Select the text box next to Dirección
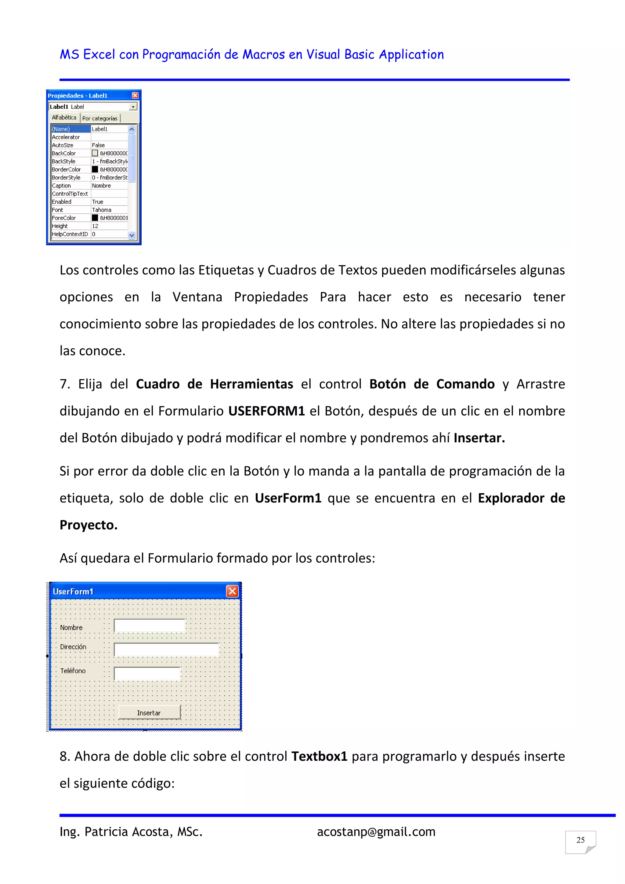pyautogui.click(x=166, y=650)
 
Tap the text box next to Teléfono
pyautogui.click(x=147, y=673)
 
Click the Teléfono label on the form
pyautogui.click(x=73, y=671)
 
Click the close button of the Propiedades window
pyautogui.click(x=135, y=96)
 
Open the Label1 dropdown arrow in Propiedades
pyautogui.click(x=133, y=107)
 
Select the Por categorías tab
pyautogui.click(x=100, y=118)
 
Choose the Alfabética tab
pyautogui.click(x=64, y=118)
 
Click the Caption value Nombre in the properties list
pyautogui.click(x=102, y=186)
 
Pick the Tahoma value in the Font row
pyautogui.click(x=102, y=210)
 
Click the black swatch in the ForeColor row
pyautogui.click(x=95, y=218)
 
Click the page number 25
pyautogui.click(x=580, y=840)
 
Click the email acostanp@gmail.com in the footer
pyautogui.click(x=376, y=831)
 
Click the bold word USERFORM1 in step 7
pyautogui.click(x=266, y=411)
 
